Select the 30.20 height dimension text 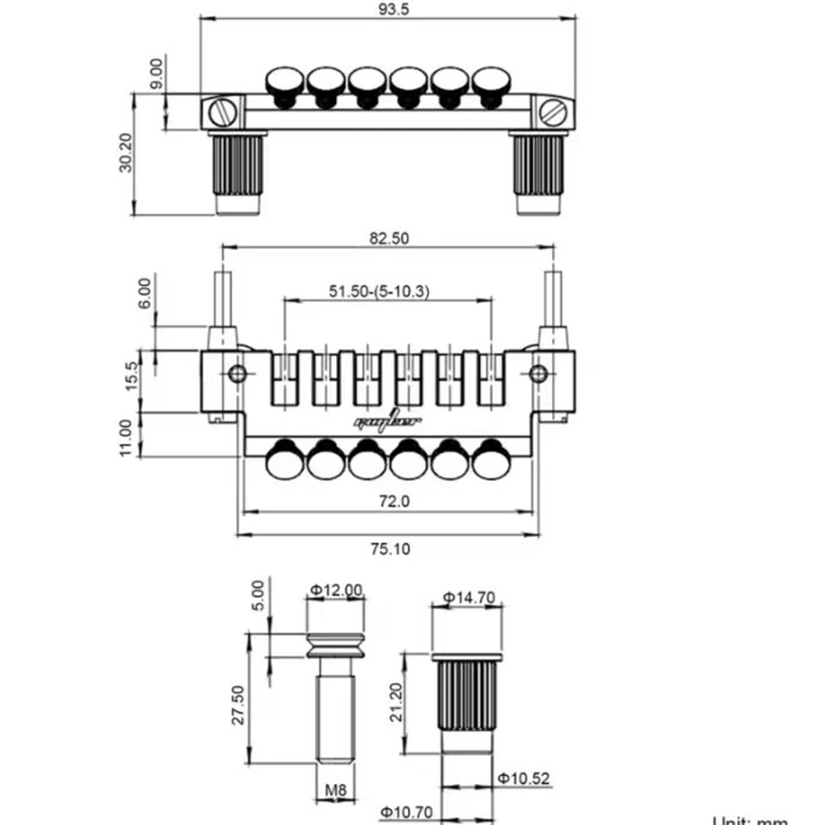pyautogui.click(x=125, y=153)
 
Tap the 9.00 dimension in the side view pyautogui.click(x=156, y=74)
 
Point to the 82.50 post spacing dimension pyautogui.click(x=388, y=238)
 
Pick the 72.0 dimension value pyautogui.click(x=395, y=501)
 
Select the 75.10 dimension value pyautogui.click(x=390, y=549)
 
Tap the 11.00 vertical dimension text pyautogui.click(x=125, y=437)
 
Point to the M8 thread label pyautogui.click(x=336, y=791)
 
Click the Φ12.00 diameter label pyautogui.click(x=336, y=590)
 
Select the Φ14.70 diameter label pyautogui.click(x=468, y=598)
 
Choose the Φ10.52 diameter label pyautogui.click(x=523, y=779)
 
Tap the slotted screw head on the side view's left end pyautogui.click(x=222, y=111)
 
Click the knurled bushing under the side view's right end pyautogui.click(x=538, y=165)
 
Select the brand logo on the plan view pyautogui.click(x=388, y=422)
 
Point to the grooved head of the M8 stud pyautogui.click(x=336, y=645)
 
